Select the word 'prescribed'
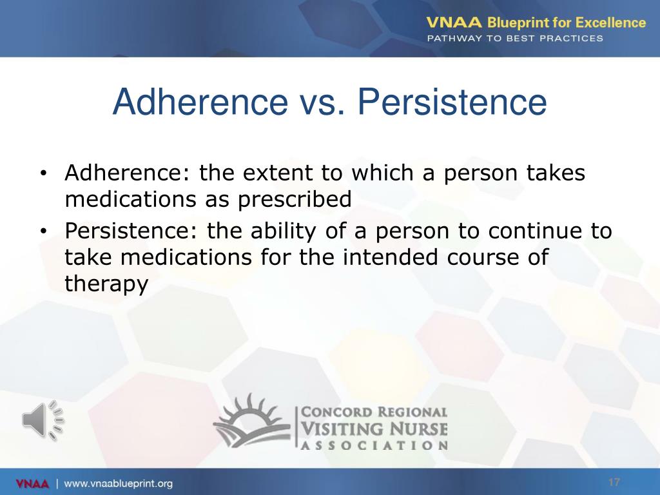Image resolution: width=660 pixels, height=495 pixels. [295, 200]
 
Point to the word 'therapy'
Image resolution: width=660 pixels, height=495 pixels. [106, 284]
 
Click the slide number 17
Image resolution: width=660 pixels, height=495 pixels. [614, 483]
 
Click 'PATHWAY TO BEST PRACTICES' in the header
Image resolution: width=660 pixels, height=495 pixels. [515, 38]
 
